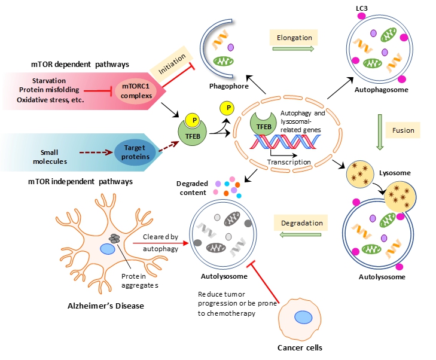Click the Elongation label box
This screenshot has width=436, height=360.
[x=294, y=38]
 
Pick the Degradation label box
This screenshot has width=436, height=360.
[x=303, y=223]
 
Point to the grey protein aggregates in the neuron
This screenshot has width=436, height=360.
[x=114, y=239]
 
